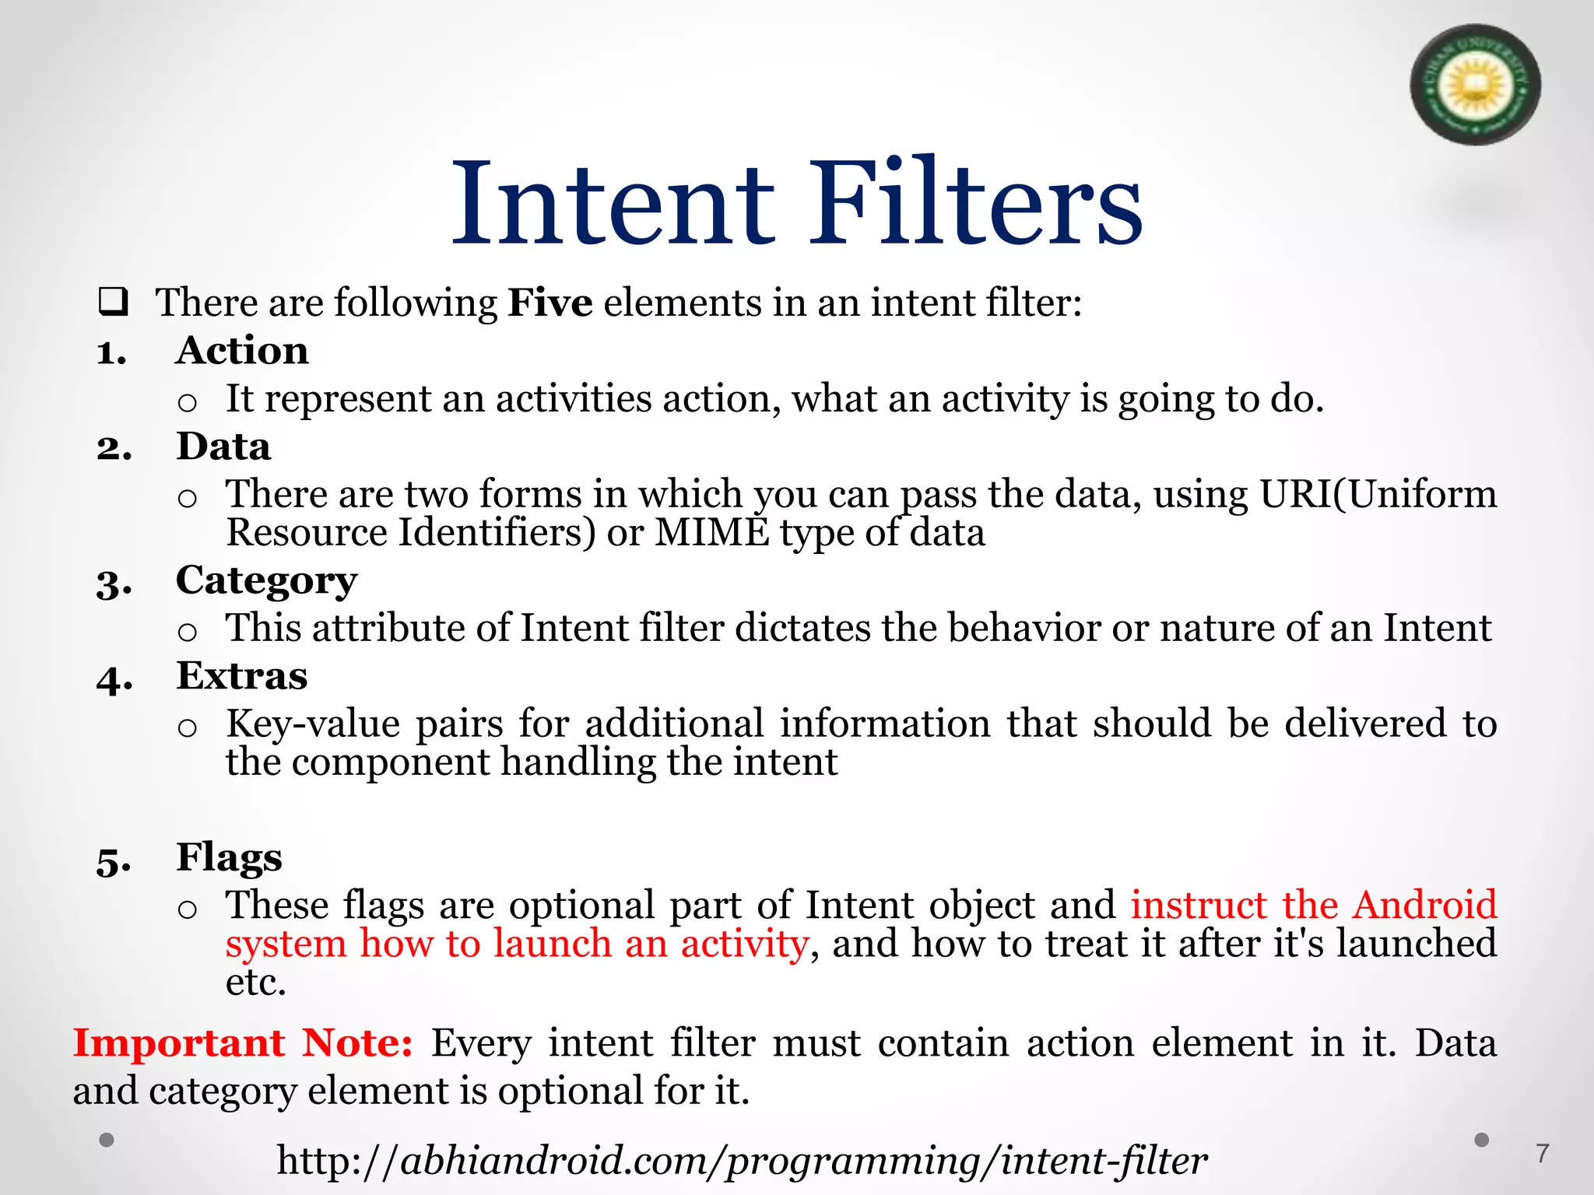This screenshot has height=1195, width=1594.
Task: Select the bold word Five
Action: point(550,303)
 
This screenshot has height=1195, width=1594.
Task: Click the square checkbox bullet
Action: point(113,302)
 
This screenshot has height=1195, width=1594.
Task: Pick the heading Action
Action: point(242,351)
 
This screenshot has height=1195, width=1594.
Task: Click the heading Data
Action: point(223,447)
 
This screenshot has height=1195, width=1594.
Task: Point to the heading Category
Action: point(266,581)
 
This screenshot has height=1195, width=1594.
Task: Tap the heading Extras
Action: point(241,675)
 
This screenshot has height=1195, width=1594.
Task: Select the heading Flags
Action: point(229,857)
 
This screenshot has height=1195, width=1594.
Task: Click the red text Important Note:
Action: point(243,1043)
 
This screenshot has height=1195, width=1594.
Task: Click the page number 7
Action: point(1542,1153)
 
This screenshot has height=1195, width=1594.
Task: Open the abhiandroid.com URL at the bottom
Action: point(742,1161)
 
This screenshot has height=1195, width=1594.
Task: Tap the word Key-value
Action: point(313,724)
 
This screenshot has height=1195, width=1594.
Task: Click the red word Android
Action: point(1424,905)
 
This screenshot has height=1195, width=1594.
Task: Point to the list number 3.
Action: point(114,583)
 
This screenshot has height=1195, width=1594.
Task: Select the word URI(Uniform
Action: point(1378,494)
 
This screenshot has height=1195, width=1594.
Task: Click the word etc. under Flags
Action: point(255,983)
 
